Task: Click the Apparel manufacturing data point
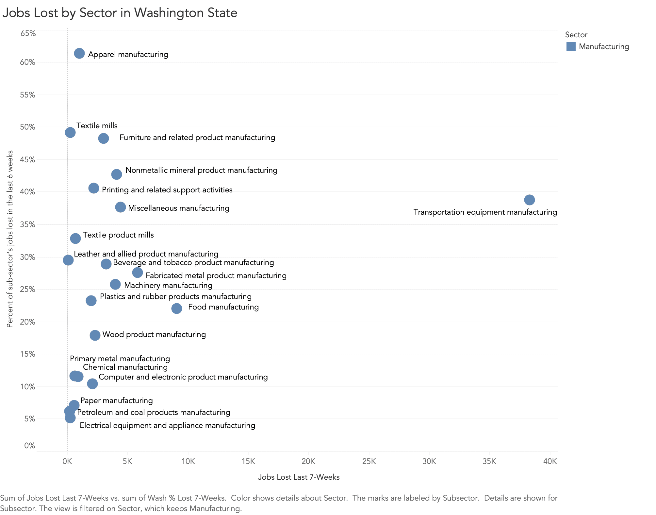point(79,53)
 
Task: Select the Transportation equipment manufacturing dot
point(529,200)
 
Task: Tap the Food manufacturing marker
point(176,308)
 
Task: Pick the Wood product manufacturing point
point(95,335)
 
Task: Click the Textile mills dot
point(70,132)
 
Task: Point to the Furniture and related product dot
point(103,138)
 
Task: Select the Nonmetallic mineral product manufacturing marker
point(117,174)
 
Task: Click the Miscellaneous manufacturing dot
point(121,207)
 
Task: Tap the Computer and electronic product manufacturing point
point(92,383)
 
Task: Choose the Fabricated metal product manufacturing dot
point(138,272)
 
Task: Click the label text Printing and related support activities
point(167,190)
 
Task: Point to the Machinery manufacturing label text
point(168,285)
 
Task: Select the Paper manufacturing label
point(116,400)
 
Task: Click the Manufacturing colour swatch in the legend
point(571,46)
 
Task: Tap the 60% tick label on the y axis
point(28,62)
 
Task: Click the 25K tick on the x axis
point(369,461)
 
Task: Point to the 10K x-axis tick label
point(188,461)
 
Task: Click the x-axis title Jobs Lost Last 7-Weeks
point(299,477)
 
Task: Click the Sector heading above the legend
point(576,35)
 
